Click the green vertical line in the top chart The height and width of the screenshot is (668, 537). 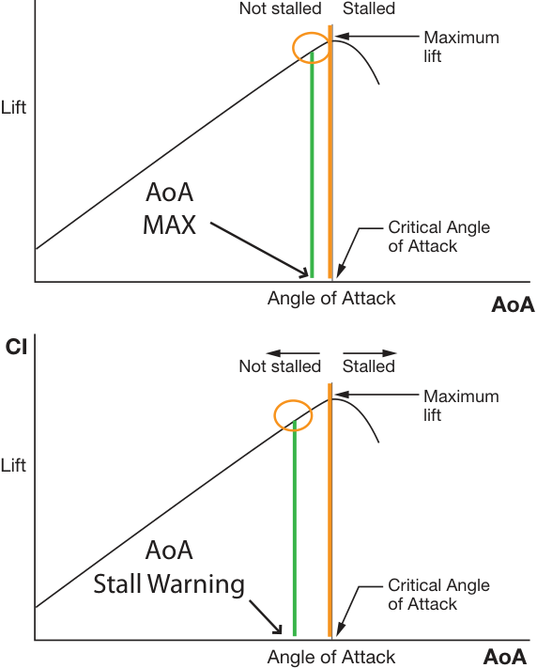pos(312,164)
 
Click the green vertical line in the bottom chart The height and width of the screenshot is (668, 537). pos(295,528)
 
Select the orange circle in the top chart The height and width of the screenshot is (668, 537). pos(294,48)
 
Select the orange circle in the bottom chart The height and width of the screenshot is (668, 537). pos(275,415)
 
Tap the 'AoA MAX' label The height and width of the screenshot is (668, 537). pos(170,209)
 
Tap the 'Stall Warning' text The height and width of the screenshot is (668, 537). pos(169,583)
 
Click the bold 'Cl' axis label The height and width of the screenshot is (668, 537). pos(16,348)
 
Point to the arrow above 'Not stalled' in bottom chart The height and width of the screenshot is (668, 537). pos(293,353)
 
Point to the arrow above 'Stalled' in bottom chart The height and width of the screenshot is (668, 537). pos(370,353)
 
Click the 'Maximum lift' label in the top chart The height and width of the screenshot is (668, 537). pos(461,47)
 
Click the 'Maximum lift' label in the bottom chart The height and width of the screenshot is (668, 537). pos(461,406)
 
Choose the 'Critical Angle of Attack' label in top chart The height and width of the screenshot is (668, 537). pos(439,237)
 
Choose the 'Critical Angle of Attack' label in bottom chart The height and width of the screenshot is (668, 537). pos(439,595)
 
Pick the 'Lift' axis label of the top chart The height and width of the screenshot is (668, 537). pos(14,107)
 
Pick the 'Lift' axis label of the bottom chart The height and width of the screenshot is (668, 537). pos(14,465)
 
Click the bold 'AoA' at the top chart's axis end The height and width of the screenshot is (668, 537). pos(513,305)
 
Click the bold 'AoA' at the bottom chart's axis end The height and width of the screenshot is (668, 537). pos(505,657)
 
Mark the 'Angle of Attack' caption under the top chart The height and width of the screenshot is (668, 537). pos(331,299)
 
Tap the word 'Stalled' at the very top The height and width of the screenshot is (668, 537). pos(369,8)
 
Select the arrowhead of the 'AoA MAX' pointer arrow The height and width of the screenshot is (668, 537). pos(303,272)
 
